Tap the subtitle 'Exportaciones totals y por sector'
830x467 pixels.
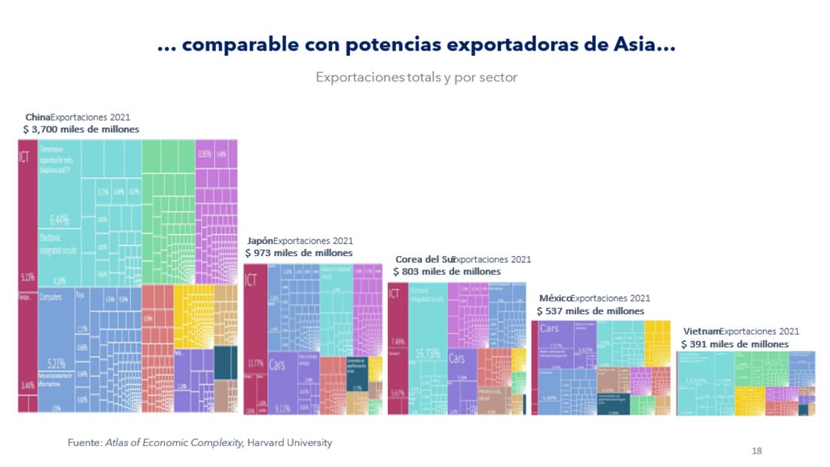[x=417, y=78]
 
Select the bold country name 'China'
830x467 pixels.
[x=37, y=118]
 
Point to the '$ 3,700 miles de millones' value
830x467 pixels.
[x=81, y=130]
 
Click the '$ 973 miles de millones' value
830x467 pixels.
[x=299, y=253]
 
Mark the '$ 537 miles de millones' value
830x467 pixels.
[x=590, y=310]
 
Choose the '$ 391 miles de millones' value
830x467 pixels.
[x=735, y=343]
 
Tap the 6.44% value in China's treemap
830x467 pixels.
[x=60, y=220]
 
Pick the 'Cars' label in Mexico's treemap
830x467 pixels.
[x=549, y=328]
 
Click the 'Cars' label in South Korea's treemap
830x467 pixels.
[x=457, y=358]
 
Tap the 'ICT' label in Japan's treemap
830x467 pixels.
[x=251, y=279]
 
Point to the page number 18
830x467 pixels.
[x=757, y=450]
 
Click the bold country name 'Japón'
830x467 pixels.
[x=260, y=241]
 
